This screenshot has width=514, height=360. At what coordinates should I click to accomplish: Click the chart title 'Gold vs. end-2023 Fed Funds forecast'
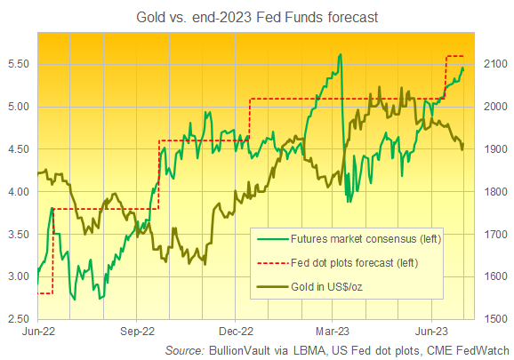coord(256,15)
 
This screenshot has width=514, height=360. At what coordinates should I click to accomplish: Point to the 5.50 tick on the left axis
coord(19,65)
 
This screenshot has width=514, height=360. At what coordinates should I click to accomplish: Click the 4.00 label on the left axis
coord(19,192)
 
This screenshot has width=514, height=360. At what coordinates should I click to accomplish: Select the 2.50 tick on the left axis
coord(19,319)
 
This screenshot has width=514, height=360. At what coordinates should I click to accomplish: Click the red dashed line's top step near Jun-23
coord(454,56)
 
